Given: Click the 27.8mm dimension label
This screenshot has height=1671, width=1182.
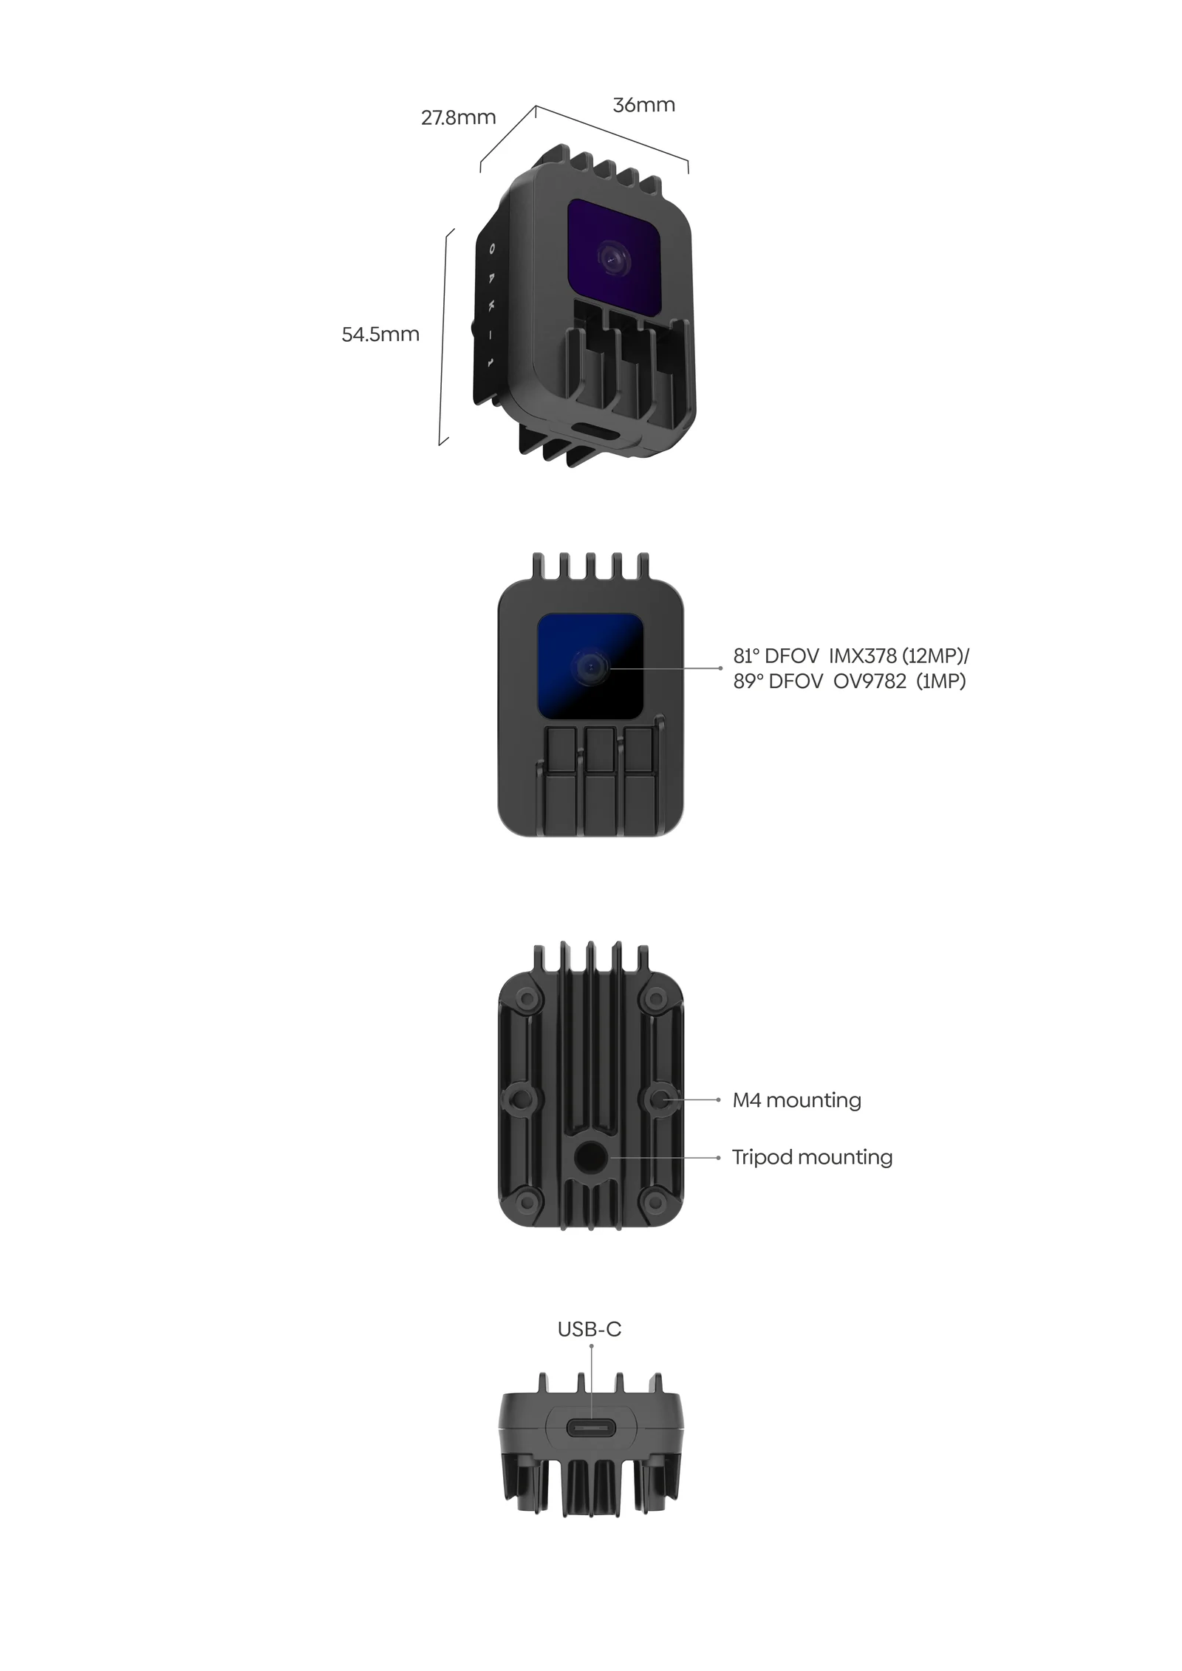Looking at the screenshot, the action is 458,117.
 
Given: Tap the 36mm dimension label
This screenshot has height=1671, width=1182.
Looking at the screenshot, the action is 643,105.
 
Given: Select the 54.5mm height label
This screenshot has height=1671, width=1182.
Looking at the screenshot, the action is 380,334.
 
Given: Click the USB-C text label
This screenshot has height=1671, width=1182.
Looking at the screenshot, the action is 589,1329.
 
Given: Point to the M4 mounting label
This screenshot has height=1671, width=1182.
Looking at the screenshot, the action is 796,1100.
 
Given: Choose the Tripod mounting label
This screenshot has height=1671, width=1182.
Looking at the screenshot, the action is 812,1157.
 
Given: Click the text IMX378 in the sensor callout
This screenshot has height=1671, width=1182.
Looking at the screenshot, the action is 862,656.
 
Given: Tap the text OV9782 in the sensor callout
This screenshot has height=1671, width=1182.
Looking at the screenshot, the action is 870,681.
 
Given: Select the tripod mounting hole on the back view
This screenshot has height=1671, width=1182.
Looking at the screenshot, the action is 591,1158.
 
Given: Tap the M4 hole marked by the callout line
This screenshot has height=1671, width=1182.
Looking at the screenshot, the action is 661,1100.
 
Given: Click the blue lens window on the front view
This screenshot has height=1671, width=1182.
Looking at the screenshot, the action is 590,666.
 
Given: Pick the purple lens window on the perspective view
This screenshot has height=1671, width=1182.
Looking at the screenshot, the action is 614,256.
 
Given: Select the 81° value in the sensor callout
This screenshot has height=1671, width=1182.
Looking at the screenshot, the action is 745,656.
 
